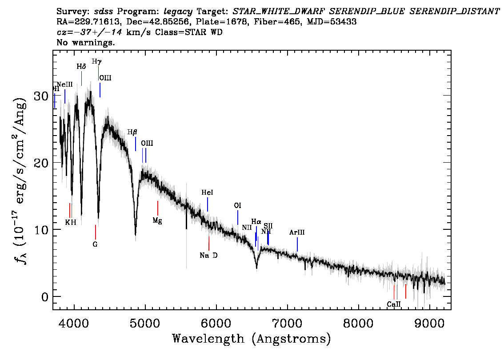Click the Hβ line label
(x=132, y=132)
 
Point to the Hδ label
(x=81, y=67)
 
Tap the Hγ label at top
(x=96, y=61)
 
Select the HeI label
(x=207, y=193)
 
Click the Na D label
(x=208, y=255)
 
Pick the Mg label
(x=157, y=220)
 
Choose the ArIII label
(x=297, y=232)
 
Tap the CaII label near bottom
(x=394, y=304)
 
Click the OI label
(x=238, y=206)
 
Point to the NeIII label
(x=65, y=84)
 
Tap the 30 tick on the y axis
(x=42, y=96)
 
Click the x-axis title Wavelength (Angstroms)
(x=252, y=339)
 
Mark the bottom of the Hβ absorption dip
(x=136, y=235)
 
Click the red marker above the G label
(x=95, y=232)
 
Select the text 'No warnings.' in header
(x=86, y=43)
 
